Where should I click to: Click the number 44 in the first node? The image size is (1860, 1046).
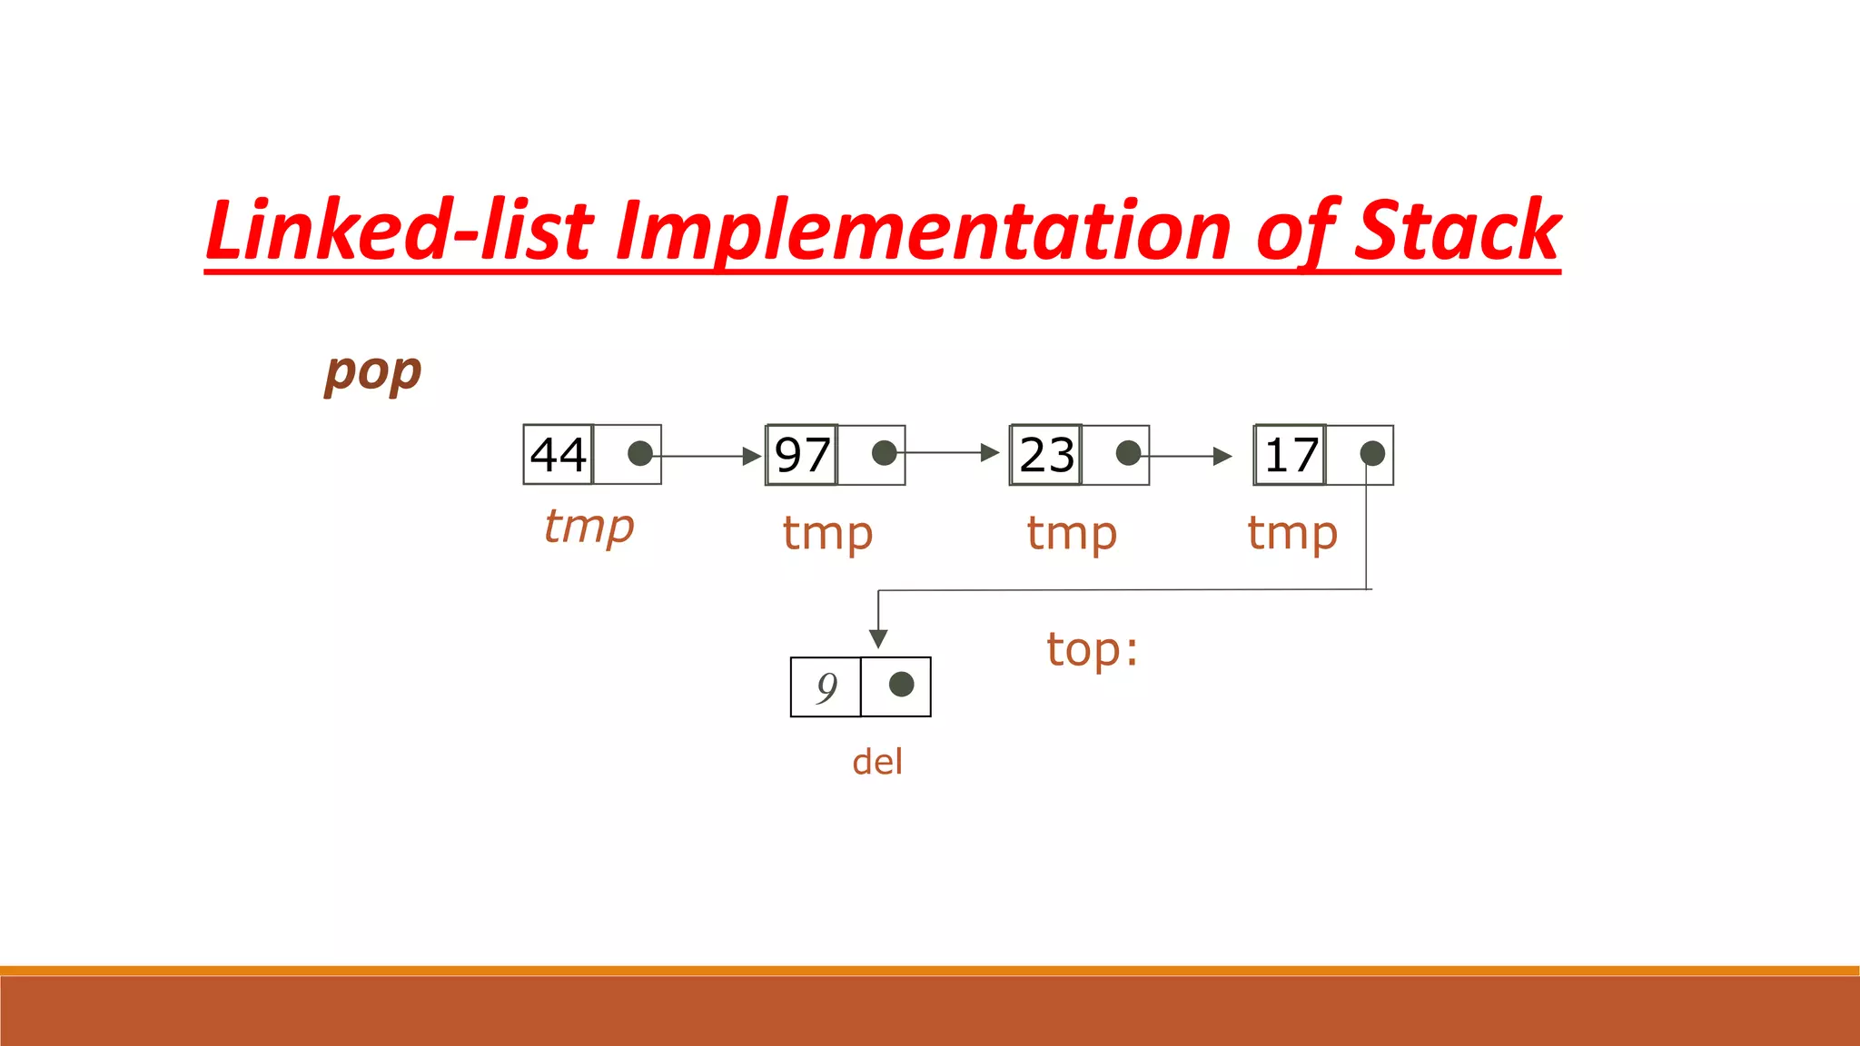pos(558,455)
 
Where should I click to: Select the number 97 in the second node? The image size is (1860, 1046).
pos(802,455)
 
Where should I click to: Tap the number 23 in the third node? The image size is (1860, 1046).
pos(1046,455)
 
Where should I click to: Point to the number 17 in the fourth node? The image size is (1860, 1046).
pos(1291,455)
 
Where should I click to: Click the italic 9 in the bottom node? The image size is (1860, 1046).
pos(826,687)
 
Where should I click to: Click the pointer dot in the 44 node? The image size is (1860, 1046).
pos(640,453)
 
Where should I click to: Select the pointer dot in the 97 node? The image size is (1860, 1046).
pos(884,452)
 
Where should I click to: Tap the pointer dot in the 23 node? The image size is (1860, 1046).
pos(1128,453)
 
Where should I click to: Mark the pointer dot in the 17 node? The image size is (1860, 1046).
pos(1372,453)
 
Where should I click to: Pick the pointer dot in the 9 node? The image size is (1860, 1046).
pos(901,684)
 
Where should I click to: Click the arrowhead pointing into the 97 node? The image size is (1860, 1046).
pos(752,456)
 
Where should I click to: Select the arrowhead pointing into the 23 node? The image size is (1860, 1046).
pos(990,452)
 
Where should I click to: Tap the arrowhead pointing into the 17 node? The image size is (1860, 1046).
pos(1222,456)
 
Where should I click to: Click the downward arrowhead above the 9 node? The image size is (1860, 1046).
pos(878,639)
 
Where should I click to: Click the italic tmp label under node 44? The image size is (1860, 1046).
pos(589,527)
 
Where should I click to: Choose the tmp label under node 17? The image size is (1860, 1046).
pos(1292,533)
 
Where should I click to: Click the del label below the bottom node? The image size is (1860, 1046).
pos(877,762)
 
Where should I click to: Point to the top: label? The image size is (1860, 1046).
pos(1093,650)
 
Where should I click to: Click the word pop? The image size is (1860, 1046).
pos(373,371)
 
